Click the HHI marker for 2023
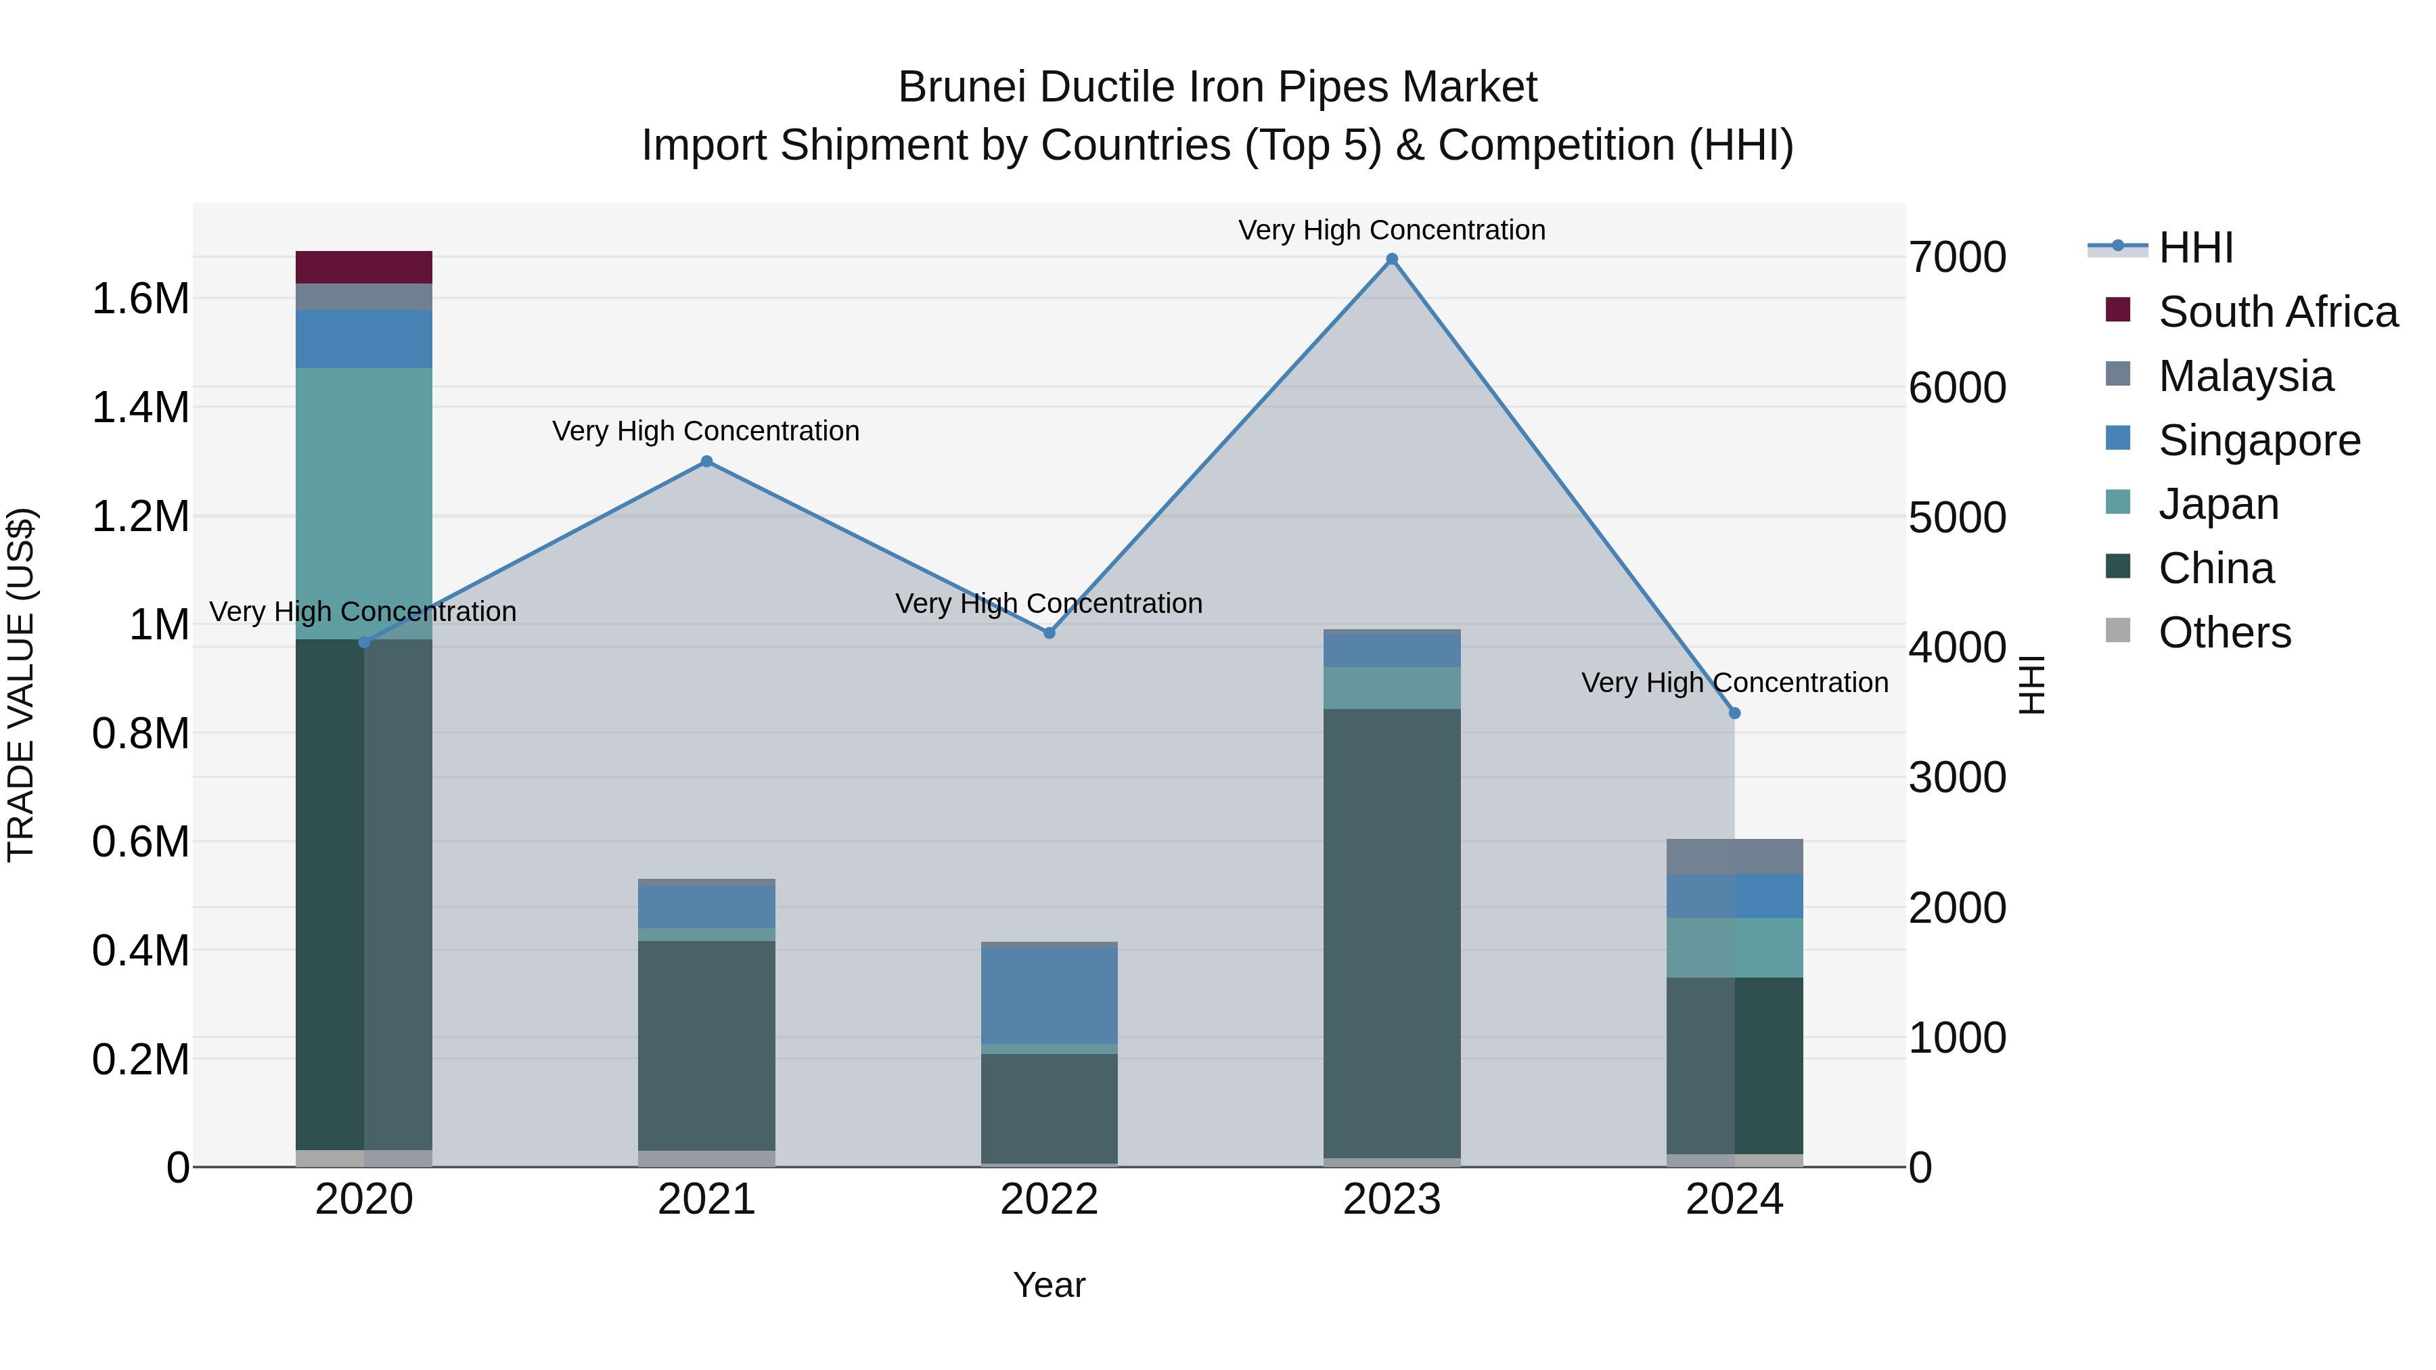(x=1391, y=259)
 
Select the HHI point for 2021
(x=706, y=461)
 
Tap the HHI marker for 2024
(x=1734, y=714)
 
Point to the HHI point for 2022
(x=1049, y=633)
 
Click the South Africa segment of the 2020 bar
(x=364, y=267)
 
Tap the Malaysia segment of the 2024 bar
(x=1734, y=857)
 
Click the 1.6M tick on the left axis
(x=140, y=299)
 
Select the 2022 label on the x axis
(x=1049, y=1200)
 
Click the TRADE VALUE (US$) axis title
(x=22, y=685)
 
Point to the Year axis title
(x=1049, y=1285)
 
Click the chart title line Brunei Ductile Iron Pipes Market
(x=1217, y=87)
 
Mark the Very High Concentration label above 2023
(x=1391, y=230)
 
